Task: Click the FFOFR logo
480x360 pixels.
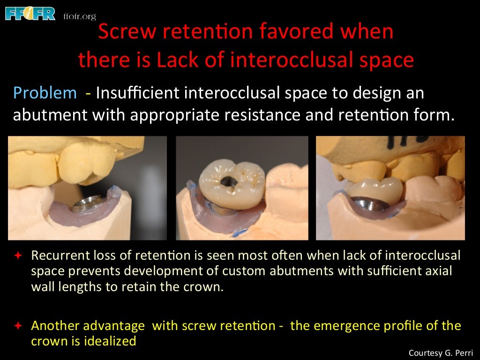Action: (30, 13)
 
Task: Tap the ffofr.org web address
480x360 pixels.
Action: (79, 16)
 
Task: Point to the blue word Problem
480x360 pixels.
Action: (45, 93)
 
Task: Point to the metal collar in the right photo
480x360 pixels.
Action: (370, 202)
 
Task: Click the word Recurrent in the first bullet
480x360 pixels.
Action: (55, 256)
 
